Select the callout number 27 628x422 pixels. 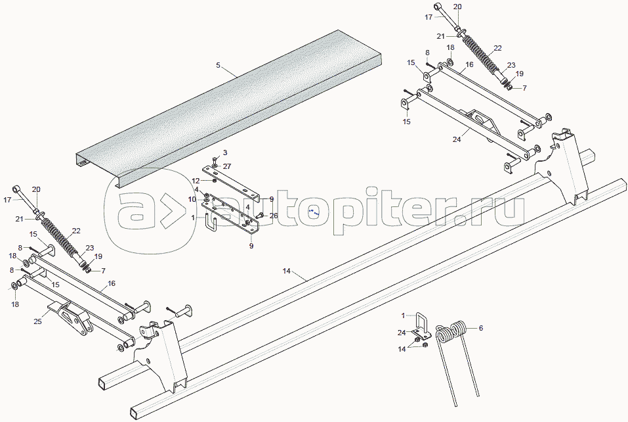click(226, 166)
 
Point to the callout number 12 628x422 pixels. click(196, 180)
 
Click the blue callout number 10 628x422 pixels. click(192, 199)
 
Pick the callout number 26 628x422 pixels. click(274, 216)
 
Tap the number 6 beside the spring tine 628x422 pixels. click(480, 327)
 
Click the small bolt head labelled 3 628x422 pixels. click(215, 159)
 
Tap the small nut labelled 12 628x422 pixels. click(215, 179)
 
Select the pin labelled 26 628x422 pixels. click(261, 214)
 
